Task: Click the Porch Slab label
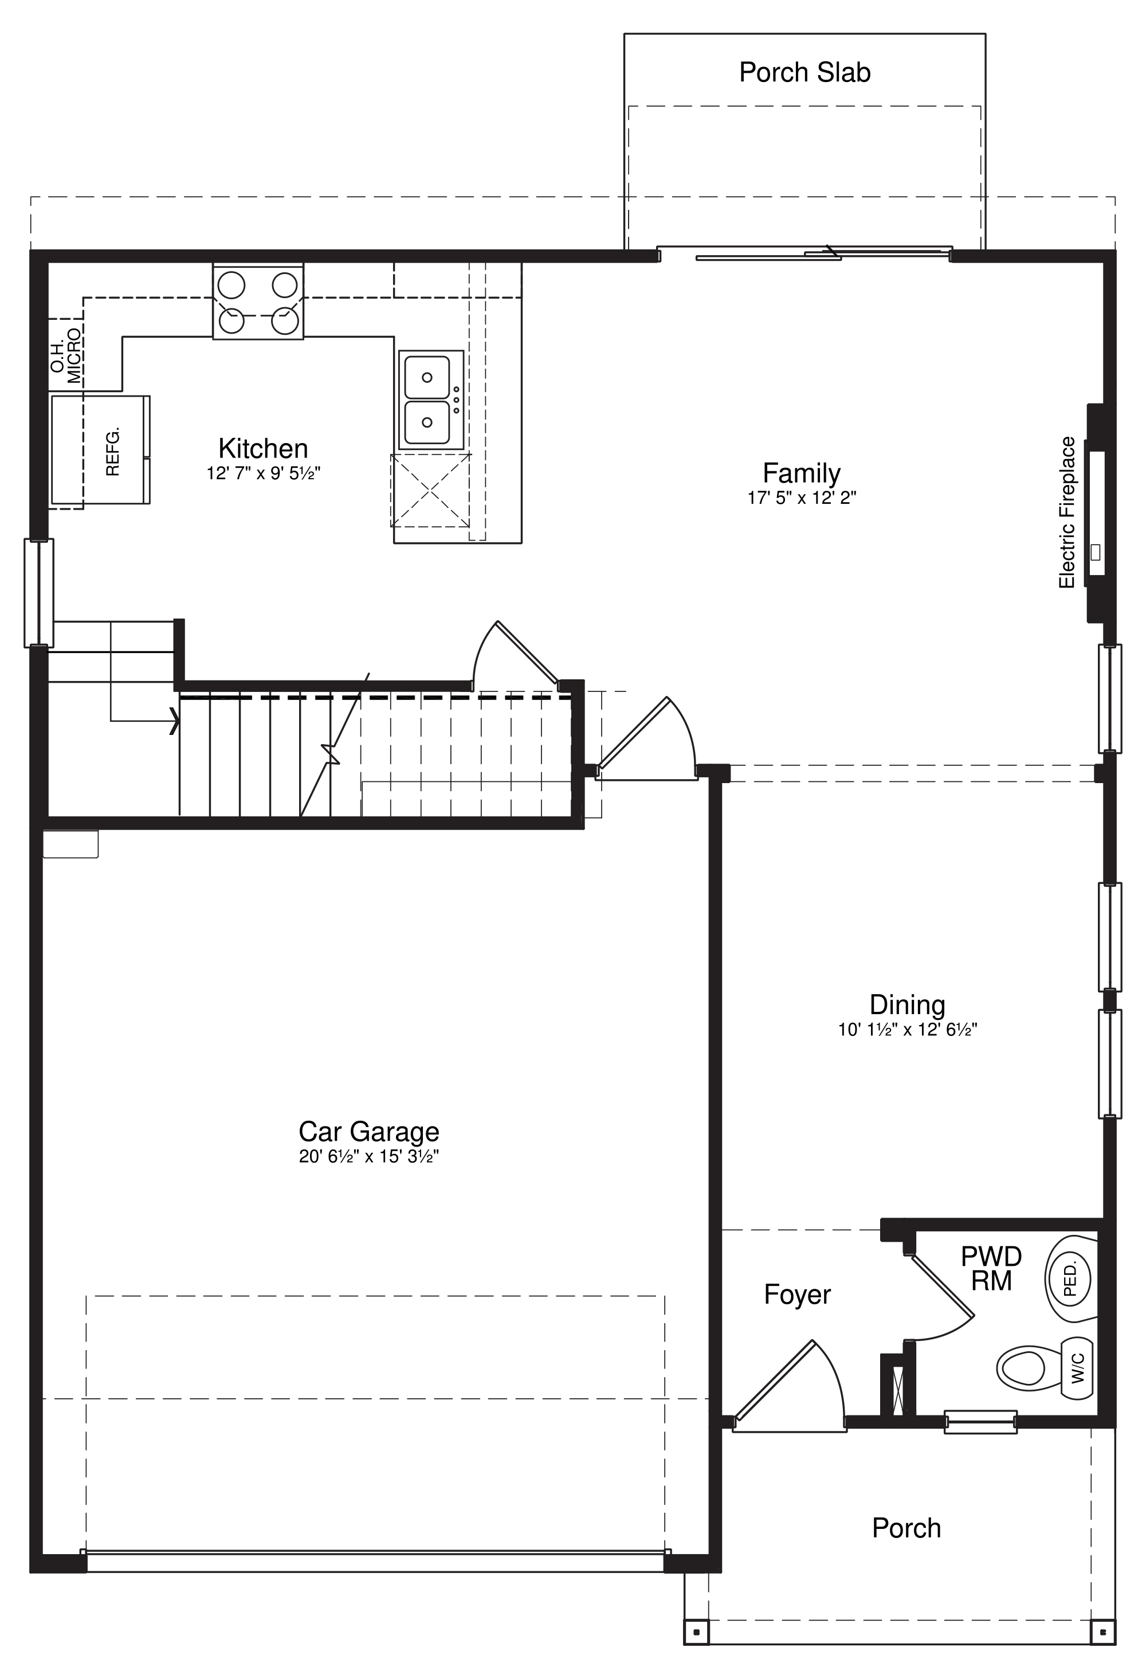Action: point(804,72)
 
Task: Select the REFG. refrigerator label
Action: point(112,451)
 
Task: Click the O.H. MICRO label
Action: point(66,355)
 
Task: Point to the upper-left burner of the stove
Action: point(231,284)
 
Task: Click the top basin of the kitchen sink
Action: point(426,377)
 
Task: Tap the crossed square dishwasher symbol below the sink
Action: point(430,490)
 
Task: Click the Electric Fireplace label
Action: point(1066,512)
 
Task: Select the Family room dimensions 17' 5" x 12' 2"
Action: point(801,498)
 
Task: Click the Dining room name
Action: point(906,1004)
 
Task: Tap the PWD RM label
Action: point(991,1269)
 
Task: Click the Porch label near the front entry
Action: point(906,1528)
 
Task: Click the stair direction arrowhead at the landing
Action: point(174,720)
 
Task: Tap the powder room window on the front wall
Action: point(980,1422)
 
